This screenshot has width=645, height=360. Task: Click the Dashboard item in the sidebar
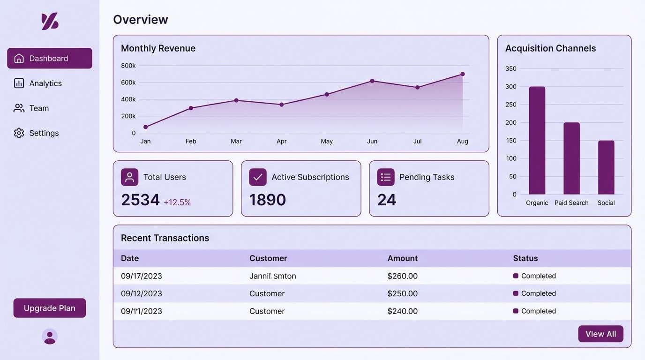49,58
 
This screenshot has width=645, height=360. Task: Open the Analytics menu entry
45,83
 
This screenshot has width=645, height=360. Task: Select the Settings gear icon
19,133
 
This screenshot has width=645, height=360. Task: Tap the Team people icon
19,108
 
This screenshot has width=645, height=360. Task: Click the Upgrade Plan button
50,308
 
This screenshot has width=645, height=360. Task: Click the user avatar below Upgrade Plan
50,337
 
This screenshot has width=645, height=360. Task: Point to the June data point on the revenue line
372,81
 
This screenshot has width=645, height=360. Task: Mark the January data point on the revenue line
146,127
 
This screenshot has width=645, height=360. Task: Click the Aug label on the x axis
463,141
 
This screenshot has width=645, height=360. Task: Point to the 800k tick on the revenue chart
128,66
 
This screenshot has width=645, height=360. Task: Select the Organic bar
537,141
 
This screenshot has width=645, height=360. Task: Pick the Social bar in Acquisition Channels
606,167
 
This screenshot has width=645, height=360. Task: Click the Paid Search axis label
571,203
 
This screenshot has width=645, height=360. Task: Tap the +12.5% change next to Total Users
177,202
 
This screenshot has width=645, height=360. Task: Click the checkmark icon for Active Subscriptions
258,177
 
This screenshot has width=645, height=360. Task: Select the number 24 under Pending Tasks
387,200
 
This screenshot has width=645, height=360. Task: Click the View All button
600,334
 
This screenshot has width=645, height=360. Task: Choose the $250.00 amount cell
402,293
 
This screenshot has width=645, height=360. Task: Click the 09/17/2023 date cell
142,276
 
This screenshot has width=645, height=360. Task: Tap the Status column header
525,258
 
